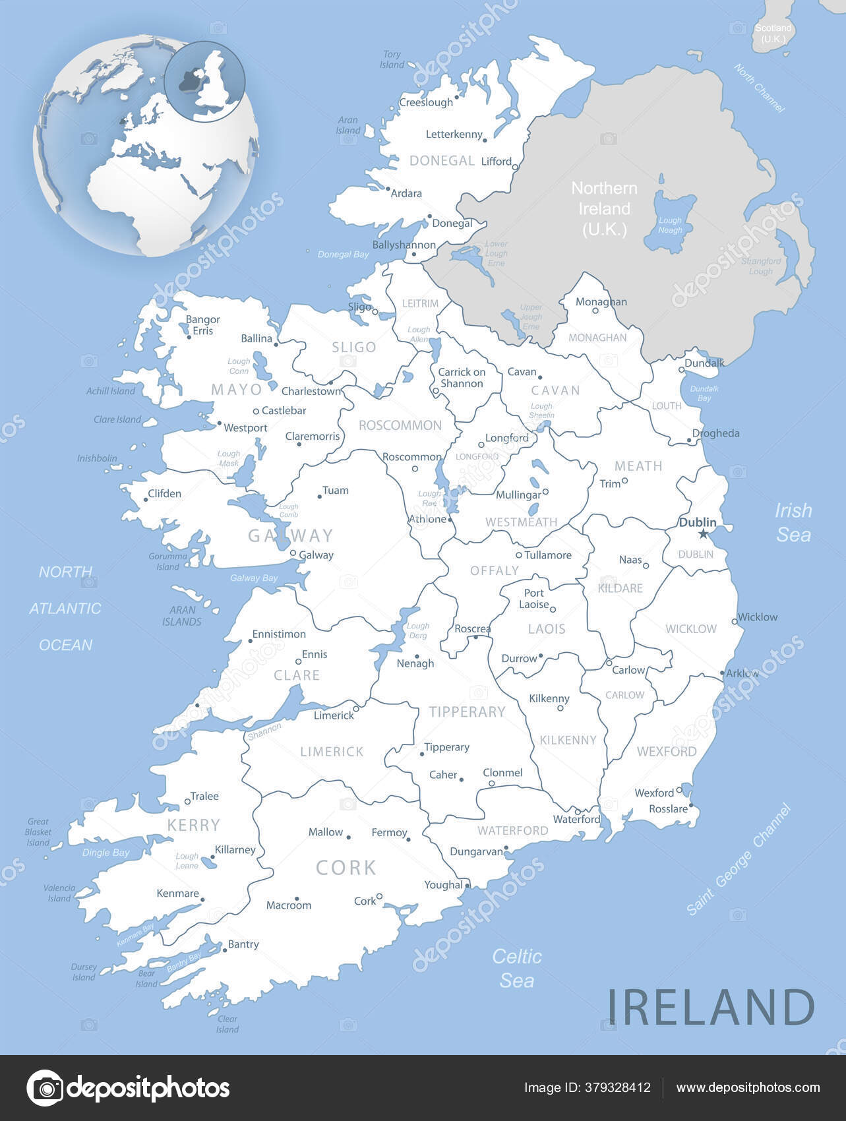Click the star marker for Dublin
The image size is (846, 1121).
(703, 533)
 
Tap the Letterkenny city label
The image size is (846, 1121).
(454, 135)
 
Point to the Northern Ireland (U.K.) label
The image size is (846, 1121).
(604, 208)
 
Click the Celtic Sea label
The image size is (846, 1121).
(517, 968)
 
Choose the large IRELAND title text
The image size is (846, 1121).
(711, 1008)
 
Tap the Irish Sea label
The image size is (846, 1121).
(793, 522)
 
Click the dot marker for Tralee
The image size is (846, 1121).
(187, 802)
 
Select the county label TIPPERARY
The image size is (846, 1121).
(467, 712)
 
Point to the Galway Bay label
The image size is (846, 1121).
(254, 578)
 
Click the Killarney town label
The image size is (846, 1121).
(235, 850)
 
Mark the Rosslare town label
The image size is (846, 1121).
(668, 809)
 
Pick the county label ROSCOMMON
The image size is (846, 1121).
(400, 425)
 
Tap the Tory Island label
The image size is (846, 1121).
(392, 60)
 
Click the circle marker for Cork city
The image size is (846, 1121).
(380, 897)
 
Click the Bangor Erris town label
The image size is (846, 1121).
(202, 325)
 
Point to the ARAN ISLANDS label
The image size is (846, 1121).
(182, 616)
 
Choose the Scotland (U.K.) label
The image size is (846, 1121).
(773, 34)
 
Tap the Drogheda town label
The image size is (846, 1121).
(716, 433)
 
